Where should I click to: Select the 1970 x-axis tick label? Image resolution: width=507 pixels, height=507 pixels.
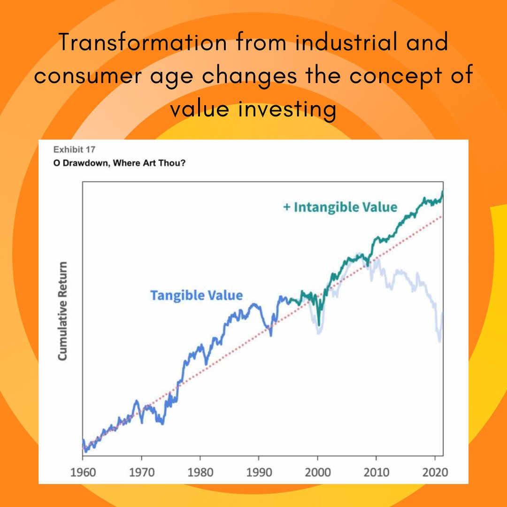[141, 471]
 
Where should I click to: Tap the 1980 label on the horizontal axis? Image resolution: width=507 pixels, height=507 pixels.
[200, 471]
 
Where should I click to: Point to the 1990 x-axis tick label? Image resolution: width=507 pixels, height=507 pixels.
[259, 471]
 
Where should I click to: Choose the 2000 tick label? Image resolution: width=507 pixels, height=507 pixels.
[317, 471]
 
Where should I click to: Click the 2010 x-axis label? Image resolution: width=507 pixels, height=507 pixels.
[376, 471]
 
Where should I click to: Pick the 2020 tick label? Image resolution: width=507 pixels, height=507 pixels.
[434, 471]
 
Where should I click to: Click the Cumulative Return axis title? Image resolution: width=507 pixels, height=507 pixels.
[62, 311]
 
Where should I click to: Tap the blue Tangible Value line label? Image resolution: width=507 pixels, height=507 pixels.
[196, 295]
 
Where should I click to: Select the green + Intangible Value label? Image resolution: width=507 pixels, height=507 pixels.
[340, 207]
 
